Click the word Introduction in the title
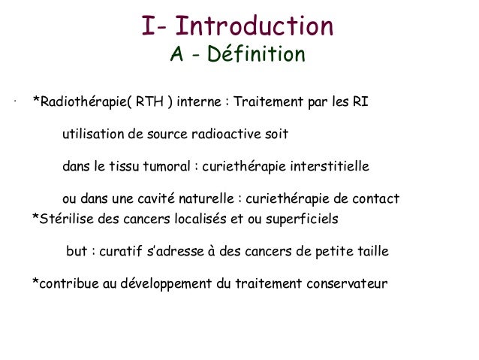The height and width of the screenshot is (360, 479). pyautogui.click(x=259, y=28)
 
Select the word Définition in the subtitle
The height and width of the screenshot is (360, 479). pyautogui.click(x=258, y=55)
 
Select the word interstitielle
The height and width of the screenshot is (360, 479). pyautogui.click(x=328, y=167)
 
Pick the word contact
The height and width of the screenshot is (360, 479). pyautogui.click(x=376, y=199)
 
